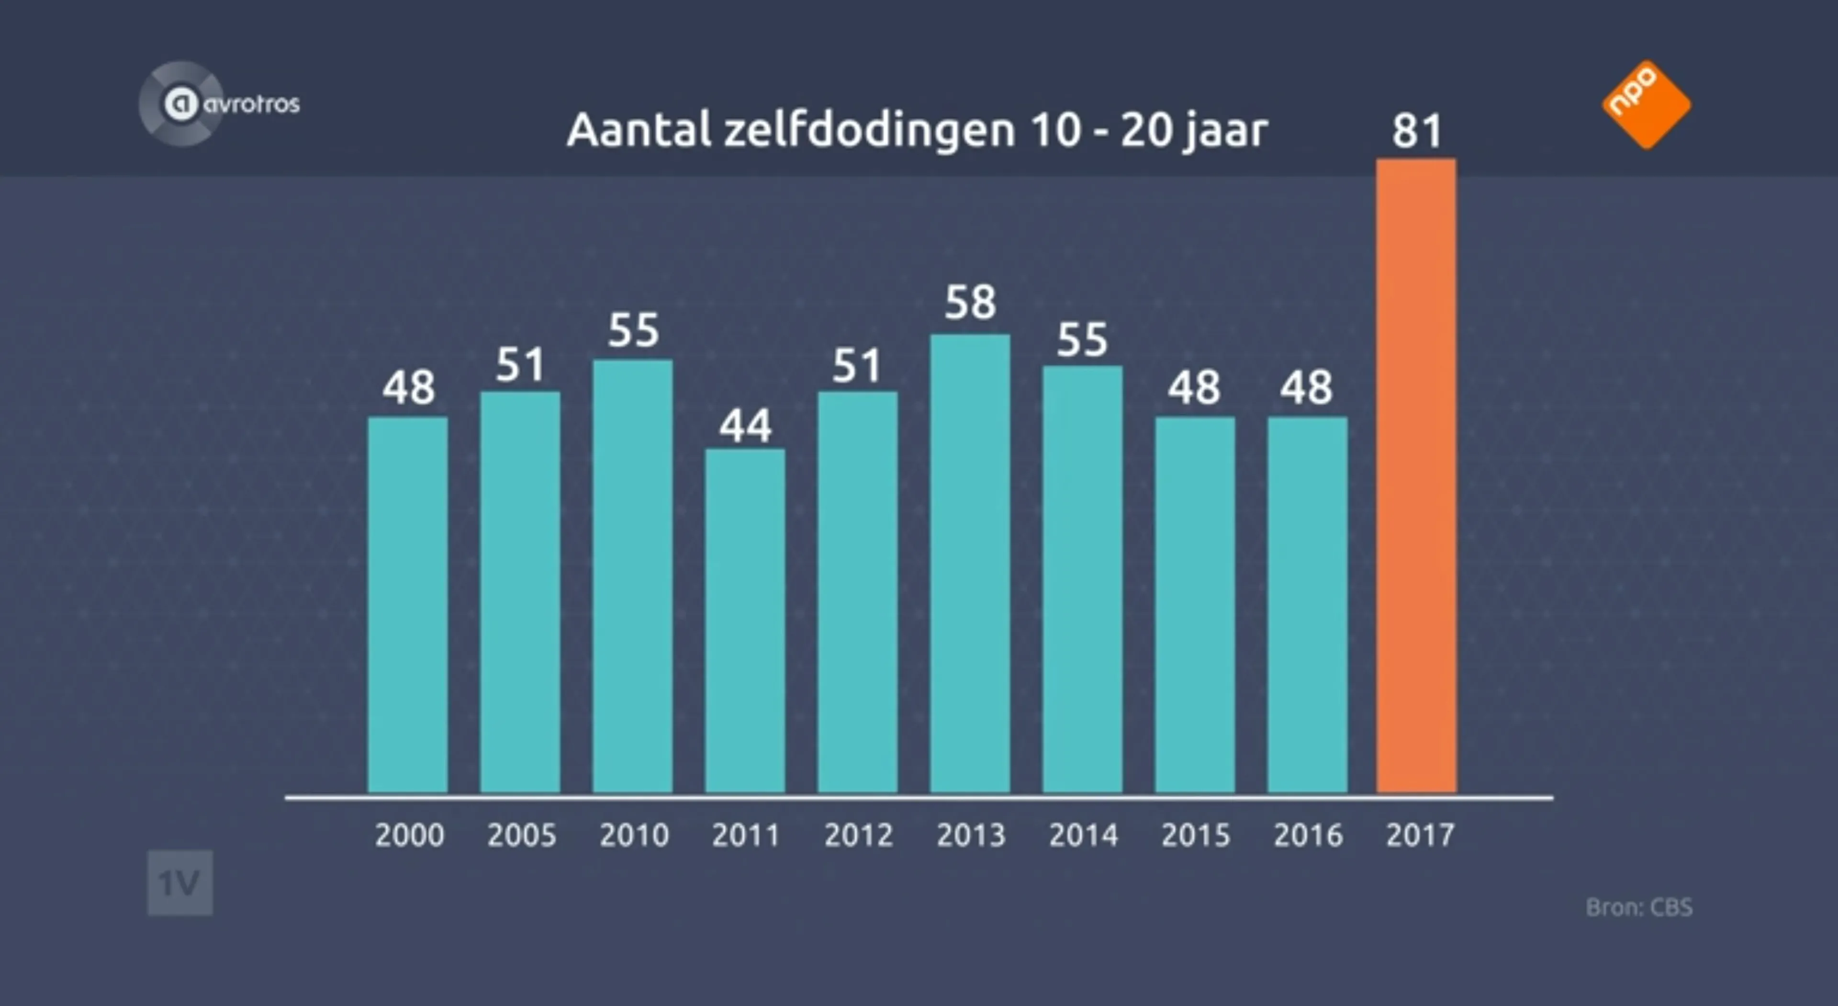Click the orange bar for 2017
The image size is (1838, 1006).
point(1416,475)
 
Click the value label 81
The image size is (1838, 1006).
point(1417,131)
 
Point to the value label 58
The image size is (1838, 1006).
point(970,302)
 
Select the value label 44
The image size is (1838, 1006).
point(745,426)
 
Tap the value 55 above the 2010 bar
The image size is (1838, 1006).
point(633,330)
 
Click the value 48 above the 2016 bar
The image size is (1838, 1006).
point(1306,388)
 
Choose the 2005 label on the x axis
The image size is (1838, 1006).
point(522,835)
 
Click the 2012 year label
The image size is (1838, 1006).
point(858,835)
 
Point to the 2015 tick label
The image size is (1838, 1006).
point(1195,835)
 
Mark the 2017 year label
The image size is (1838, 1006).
point(1420,835)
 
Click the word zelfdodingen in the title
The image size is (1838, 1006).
point(869,131)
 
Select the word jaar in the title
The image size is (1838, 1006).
point(1224,131)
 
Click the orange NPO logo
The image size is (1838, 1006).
point(1646,104)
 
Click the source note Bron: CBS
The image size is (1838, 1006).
point(1638,907)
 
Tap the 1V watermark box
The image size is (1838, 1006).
point(180,883)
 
